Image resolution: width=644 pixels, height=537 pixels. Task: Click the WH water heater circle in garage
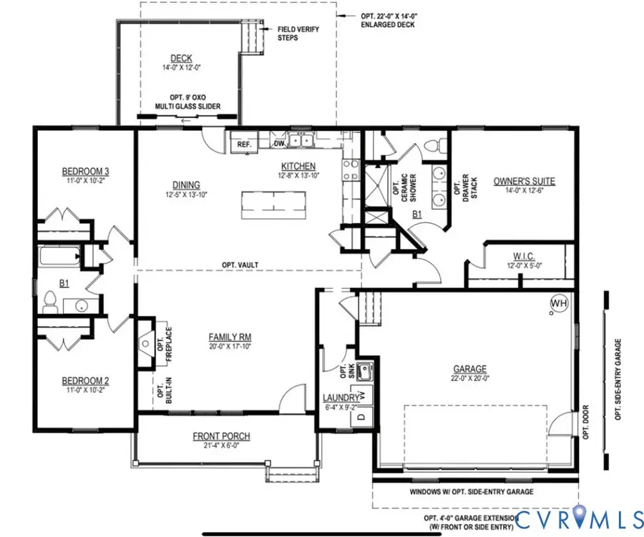tap(557, 304)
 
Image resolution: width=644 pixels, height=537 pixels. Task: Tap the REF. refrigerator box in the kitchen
tap(243, 144)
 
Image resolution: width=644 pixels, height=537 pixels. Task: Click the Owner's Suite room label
tap(524, 181)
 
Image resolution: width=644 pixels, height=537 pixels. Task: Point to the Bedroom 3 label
tap(85, 172)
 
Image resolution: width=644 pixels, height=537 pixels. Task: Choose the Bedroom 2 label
tap(85, 380)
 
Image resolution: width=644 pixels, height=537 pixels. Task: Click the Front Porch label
tap(221, 436)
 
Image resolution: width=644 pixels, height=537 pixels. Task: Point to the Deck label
tap(179, 59)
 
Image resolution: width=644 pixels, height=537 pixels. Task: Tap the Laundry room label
tap(341, 398)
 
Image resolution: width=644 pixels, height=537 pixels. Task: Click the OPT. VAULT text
tap(240, 265)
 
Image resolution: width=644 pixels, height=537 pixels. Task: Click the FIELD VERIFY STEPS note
tap(298, 33)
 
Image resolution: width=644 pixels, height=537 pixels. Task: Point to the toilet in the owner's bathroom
tap(431, 146)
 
